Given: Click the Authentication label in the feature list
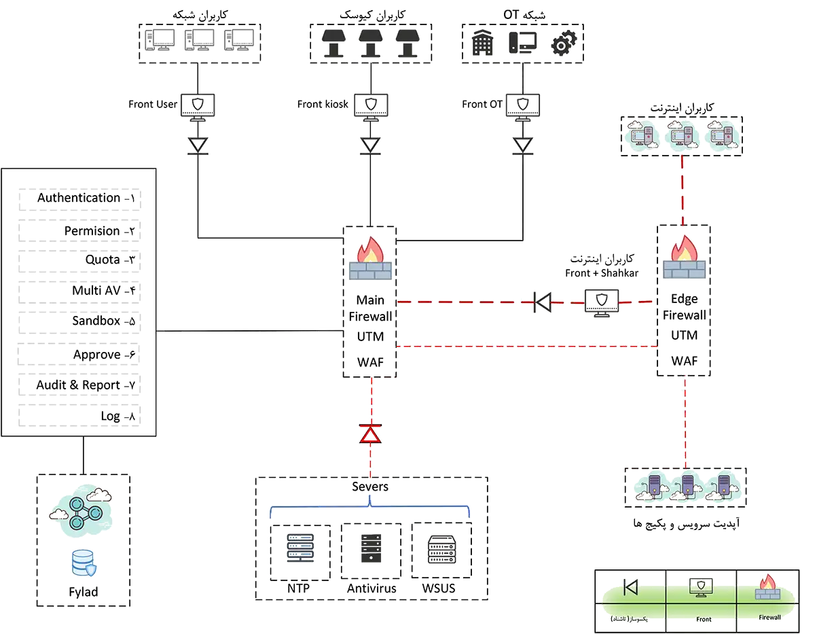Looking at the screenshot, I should pyautogui.click(x=79, y=198).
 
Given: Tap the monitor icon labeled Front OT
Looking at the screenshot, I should pyautogui.click(x=522, y=106).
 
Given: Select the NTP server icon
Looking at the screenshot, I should pyautogui.click(x=300, y=547).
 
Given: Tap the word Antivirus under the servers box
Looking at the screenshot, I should pyautogui.click(x=372, y=588).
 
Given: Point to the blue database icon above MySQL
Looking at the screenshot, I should pyautogui.click(x=84, y=563).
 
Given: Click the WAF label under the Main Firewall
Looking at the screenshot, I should pyautogui.click(x=371, y=362).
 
